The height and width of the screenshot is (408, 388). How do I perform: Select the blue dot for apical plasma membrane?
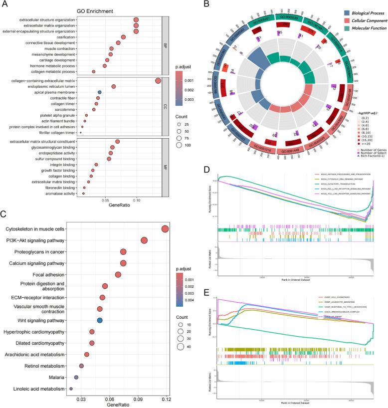point(100,92)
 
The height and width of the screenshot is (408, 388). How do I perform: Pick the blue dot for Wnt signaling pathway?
point(100,320)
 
